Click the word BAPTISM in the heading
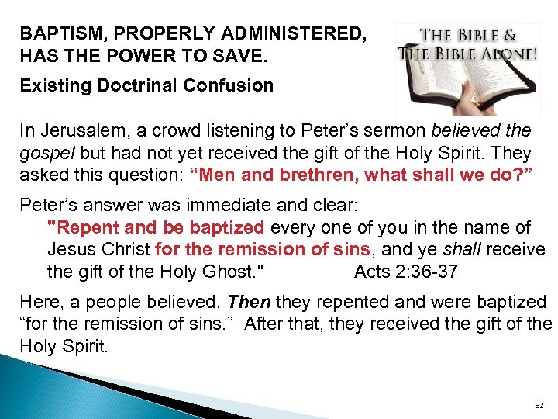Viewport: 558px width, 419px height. [53, 34]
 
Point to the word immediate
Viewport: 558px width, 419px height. [254, 206]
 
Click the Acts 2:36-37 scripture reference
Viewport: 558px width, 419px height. [405, 272]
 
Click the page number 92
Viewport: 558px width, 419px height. [539, 406]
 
